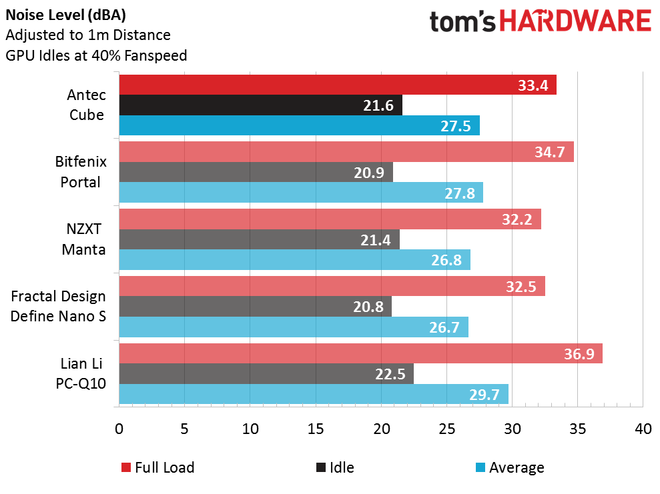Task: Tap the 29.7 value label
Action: (484, 395)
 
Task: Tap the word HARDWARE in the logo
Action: (575, 21)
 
